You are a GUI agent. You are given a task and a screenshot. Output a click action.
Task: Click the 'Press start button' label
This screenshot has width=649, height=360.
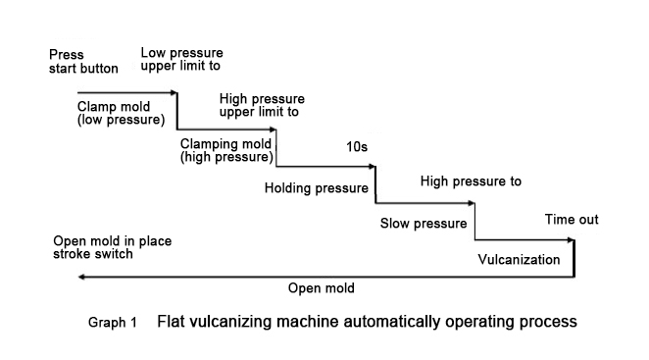pos(82,62)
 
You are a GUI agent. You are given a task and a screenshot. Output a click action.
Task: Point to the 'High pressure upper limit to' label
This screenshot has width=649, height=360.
pos(263,105)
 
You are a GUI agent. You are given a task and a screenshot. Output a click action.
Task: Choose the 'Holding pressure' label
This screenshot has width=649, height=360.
pos(317,187)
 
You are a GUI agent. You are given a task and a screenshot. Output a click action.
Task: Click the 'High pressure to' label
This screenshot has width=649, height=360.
pos(470,181)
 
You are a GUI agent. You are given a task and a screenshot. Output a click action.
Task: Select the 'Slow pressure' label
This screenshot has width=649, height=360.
pos(422,223)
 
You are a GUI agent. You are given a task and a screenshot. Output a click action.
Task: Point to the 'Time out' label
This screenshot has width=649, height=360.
pos(572,220)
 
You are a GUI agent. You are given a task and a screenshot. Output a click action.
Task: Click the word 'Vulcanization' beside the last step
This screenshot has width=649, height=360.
pos(519,260)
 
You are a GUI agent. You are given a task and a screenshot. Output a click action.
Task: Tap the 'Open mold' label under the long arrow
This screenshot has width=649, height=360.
pos(321,288)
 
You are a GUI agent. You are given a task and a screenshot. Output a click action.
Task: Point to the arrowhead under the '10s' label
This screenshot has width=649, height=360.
pos(374,167)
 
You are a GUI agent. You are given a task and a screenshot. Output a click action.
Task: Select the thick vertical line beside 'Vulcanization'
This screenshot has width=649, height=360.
pos(574,258)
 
